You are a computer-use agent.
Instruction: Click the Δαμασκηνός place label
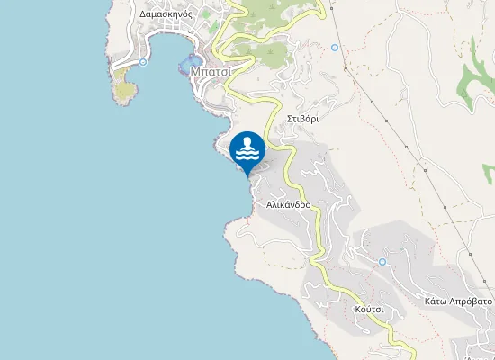pyautogui.click(x=166, y=15)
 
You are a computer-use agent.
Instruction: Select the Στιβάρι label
pyautogui.click(x=303, y=118)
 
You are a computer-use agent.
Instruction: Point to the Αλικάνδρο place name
pyautogui.click(x=289, y=204)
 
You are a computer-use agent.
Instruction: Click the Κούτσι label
pyautogui.click(x=370, y=309)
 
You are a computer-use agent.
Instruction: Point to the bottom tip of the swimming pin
pyautogui.click(x=247, y=176)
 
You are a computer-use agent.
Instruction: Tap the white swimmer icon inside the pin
pyautogui.click(x=247, y=149)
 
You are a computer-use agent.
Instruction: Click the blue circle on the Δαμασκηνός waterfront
pyautogui.click(x=143, y=62)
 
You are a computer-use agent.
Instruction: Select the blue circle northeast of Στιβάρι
pyautogui.click(x=335, y=48)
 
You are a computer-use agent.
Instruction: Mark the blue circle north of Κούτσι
pyautogui.click(x=382, y=262)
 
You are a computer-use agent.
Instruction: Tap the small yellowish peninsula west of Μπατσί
pyautogui.click(x=125, y=88)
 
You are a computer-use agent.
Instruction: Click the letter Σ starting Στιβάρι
pyautogui.click(x=290, y=118)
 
